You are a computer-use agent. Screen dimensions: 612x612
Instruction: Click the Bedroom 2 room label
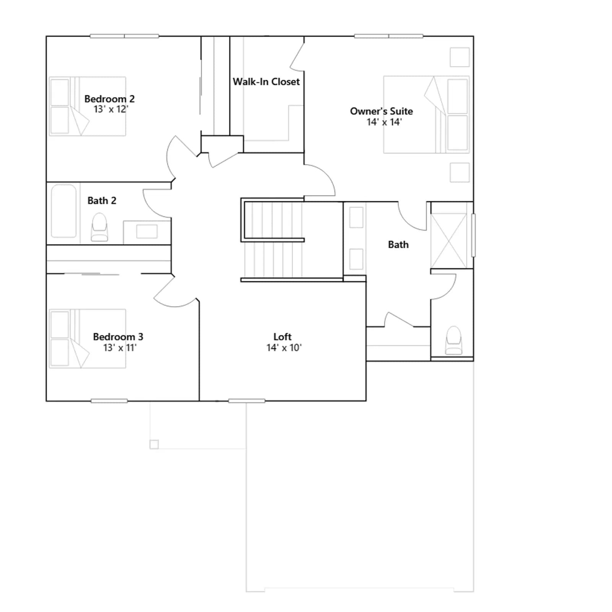point(109,99)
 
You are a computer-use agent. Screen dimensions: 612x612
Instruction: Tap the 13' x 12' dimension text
point(111,109)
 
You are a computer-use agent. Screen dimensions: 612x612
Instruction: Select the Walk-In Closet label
point(266,81)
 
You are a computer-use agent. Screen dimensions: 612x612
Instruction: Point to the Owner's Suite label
point(381,111)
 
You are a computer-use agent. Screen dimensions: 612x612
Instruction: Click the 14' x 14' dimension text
point(384,122)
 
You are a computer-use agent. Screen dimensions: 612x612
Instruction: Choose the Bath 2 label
point(102,200)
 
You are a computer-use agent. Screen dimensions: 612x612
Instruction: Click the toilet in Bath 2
point(99,227)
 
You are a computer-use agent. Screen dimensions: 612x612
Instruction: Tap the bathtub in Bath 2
point(64,211)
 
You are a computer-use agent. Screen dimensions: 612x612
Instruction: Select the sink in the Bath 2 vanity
point(147,231)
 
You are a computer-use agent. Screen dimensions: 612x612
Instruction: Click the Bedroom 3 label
point(118,337)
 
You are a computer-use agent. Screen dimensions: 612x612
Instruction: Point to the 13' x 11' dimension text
point(120,347)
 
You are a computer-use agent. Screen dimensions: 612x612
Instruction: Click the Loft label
point(282,337)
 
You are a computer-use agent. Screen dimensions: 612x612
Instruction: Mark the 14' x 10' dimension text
point(284,347)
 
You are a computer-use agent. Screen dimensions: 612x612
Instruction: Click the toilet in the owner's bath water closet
point(454,340)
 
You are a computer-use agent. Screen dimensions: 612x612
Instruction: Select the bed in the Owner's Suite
point(426,115)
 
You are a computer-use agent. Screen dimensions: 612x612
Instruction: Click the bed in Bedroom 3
point(88,339)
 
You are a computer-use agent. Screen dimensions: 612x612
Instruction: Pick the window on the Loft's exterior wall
point(247,401)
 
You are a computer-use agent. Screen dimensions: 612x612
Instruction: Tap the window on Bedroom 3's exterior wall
point(109,401)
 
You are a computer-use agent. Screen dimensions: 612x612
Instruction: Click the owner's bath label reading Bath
point(398,244)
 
